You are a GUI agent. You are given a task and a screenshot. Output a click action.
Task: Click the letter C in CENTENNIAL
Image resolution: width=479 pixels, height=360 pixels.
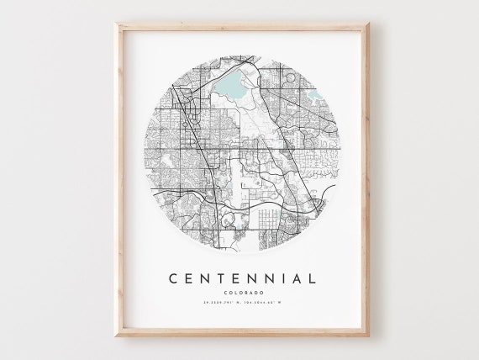click(171, 278)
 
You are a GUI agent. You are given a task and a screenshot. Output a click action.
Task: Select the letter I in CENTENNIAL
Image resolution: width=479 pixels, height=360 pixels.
click(277, 278)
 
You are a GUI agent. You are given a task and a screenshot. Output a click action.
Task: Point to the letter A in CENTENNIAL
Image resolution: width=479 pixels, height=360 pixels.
click(294, 278)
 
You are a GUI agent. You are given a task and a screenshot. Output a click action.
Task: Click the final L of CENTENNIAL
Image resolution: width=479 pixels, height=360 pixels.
click(312, 278)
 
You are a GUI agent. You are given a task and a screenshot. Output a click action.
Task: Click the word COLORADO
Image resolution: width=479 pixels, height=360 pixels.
click(240, 294)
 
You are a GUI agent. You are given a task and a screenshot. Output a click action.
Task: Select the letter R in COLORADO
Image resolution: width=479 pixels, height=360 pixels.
click(242, 294)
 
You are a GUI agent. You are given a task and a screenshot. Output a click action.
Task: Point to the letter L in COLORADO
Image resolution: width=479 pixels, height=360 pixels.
click(233, 294)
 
